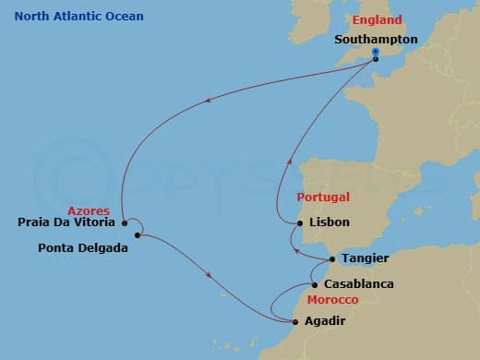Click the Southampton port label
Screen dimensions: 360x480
tap(376, 40)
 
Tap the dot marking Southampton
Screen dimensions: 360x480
tap(376, 59)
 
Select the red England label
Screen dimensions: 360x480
tap(377, 20)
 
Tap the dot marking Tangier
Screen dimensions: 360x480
tap(332, 259)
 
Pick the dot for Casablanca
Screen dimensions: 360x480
tap(315, 284)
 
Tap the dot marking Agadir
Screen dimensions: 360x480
tap(294, 322)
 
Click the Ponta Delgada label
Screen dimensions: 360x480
tap(83, 247)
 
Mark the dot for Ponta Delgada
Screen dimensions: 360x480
tap(137, 235)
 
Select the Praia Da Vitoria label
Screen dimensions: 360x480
tap(67, 222)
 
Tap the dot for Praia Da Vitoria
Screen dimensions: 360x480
tap(124, 222)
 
